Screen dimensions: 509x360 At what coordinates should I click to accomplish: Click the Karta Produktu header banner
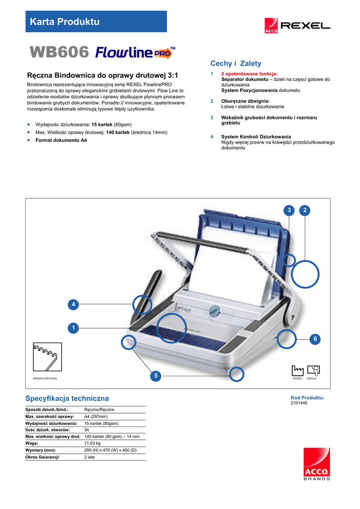(x=96, y=21)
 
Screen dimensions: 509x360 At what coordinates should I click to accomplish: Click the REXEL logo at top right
(x=297, y=25)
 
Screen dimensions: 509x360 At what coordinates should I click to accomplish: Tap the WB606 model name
(x=60, y=52)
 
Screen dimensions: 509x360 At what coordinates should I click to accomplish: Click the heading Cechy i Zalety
(x=236, y=64)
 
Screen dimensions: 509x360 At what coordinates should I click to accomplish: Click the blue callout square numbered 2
(x=305, y=210)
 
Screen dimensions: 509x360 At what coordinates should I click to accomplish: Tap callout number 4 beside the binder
(x=73, y=304)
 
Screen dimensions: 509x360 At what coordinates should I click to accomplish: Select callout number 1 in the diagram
(x=73, y=328)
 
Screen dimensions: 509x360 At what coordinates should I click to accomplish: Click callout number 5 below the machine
(x=156, y=376)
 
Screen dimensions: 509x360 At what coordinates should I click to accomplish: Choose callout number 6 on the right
(x=314, y=339)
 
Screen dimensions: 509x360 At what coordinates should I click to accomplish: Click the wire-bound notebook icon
(x=47, y=357)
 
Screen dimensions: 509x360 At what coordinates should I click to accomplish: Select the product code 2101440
(x=299, y=403)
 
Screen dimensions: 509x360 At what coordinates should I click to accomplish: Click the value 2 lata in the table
(x=90, y=457)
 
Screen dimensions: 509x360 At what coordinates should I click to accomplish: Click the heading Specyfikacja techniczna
(x=67, y=399)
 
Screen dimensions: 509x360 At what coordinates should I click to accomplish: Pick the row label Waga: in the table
(x=33, y=443)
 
